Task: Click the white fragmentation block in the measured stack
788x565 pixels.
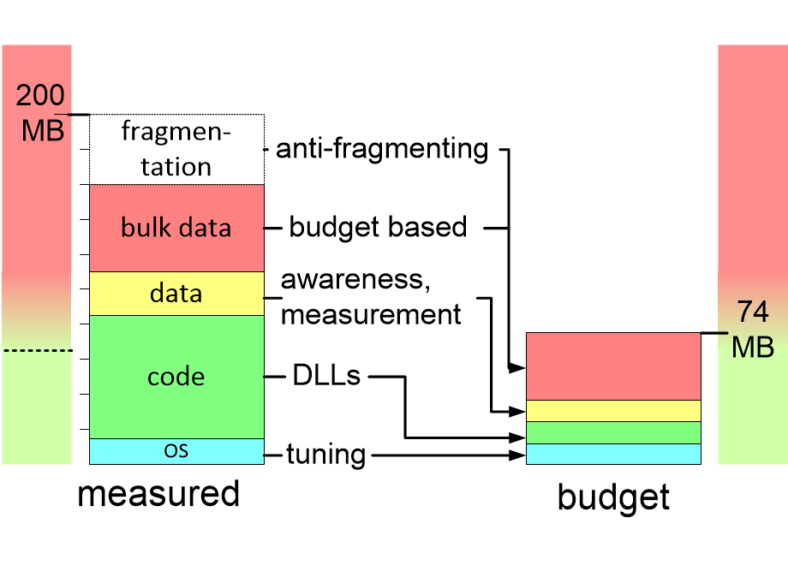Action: coord(176,149)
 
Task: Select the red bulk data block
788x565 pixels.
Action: coord(176,228)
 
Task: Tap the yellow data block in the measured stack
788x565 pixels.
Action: coord(176,294)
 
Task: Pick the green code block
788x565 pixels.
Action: coord(176,377)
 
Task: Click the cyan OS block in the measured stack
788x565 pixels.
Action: coord(176,451)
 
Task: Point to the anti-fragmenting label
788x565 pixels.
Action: coord(382,149)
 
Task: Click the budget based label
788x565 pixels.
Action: coord(378,227)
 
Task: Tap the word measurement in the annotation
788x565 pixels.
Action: coord(371,314)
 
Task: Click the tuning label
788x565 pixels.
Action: coord(325,455)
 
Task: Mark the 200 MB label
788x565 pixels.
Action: coord(40,113)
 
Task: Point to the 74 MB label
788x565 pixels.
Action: coord(754,330)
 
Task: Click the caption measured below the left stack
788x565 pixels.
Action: coord(158,494)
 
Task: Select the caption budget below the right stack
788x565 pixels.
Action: coord(613,497)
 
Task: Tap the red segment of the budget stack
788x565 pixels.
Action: coord(613,366)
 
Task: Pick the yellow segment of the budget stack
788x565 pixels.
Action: coord(613,411)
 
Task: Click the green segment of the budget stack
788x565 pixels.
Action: coord(613,432)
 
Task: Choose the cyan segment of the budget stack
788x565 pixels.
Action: coord(613,454)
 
